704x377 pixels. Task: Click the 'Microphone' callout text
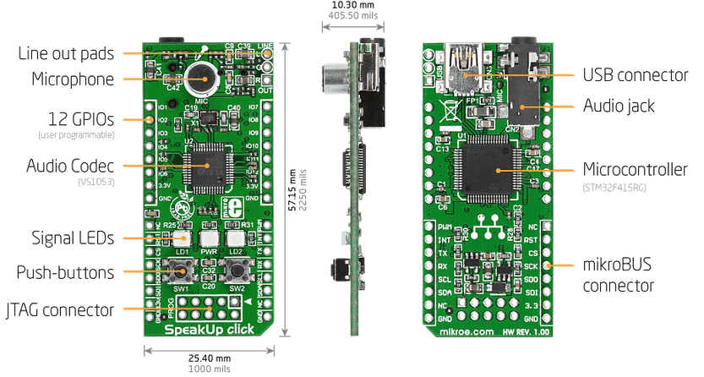(x=73, y=79)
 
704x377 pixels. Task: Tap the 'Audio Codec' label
(x=71, y=165)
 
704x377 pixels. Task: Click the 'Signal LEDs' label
(x=73, y=238)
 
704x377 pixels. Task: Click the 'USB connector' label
(x=636, y=75)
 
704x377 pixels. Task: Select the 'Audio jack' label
(x=619, y=107)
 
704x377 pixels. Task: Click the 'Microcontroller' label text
(x=635, y=169)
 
